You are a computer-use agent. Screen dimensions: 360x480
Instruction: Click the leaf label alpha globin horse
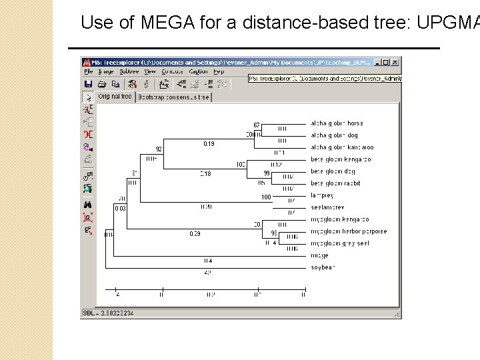tap(337, 123)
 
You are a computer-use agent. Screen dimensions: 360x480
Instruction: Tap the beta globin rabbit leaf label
tap(336, 183)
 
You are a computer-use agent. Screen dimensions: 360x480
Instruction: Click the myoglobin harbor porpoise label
tap(348, 231)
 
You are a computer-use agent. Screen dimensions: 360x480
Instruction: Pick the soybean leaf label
tap(323, 267)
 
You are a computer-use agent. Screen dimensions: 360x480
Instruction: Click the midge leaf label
tap(319, 255)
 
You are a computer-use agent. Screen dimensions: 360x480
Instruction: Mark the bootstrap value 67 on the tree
tap(257, 125)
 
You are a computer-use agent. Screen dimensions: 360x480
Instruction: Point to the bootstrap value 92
tap(159, 149)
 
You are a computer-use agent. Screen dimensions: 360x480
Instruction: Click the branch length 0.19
tap(209, 143)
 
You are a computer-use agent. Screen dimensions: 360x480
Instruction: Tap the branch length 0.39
tap(195, 234)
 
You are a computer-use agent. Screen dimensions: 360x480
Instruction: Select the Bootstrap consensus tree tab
tap(173, 97)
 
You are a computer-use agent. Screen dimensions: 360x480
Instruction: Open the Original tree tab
tap(115, 97)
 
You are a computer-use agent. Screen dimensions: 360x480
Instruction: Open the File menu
tap(87, 72)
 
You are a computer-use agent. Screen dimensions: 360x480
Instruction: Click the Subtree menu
tap(129, 72)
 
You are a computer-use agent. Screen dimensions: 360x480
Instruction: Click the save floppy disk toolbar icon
tap(88, 84)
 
